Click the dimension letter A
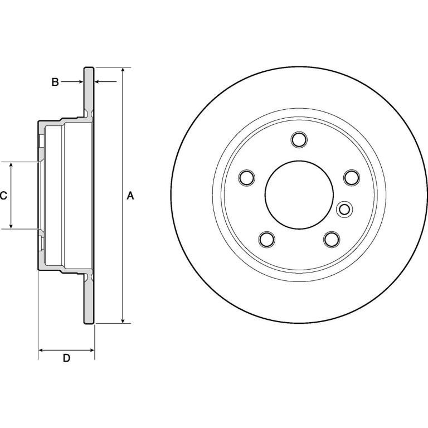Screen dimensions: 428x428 tap(130, 196)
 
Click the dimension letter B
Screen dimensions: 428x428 tap(55, 82)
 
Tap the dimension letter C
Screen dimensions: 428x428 tap(3, 196)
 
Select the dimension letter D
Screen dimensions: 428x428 tap(66, 358)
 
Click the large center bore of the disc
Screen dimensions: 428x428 tap(299, 194)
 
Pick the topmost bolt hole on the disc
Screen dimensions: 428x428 tap(299, 139)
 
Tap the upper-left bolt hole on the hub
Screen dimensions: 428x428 tap(246, 178)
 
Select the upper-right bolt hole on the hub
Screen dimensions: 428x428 tap(352, 178)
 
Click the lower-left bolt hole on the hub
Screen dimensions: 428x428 tap(267, 240)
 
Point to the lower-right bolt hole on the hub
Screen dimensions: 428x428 tap(332, 240)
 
